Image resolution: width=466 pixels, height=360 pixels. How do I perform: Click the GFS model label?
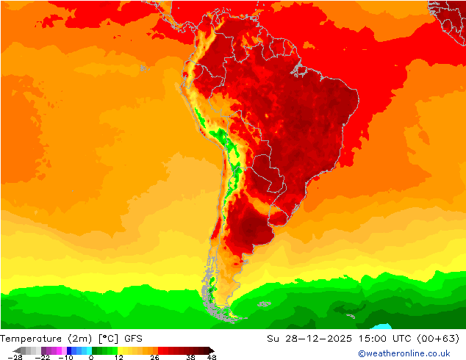[133, 339]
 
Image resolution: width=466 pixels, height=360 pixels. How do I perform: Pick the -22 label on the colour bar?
[43, 357]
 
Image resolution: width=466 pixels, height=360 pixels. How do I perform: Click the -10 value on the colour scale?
[65, 357]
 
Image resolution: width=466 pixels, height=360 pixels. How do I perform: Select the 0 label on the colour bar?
[90, 357]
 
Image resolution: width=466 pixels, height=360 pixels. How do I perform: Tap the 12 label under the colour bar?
[118, 357]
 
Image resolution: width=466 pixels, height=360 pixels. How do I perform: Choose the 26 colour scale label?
[154, 357]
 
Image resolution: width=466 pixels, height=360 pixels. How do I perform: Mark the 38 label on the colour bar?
[190, 357]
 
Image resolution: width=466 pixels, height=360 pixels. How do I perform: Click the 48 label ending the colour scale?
[212, 357]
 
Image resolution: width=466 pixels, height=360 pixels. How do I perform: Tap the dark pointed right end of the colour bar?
[210, 350]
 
